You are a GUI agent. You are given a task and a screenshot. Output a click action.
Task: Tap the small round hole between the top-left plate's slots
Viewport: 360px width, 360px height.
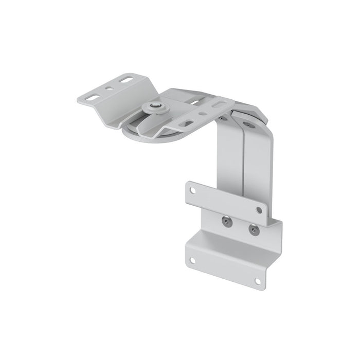pos(109,88)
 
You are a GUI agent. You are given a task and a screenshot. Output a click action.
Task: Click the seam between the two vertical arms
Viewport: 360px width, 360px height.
pos(242,165)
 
